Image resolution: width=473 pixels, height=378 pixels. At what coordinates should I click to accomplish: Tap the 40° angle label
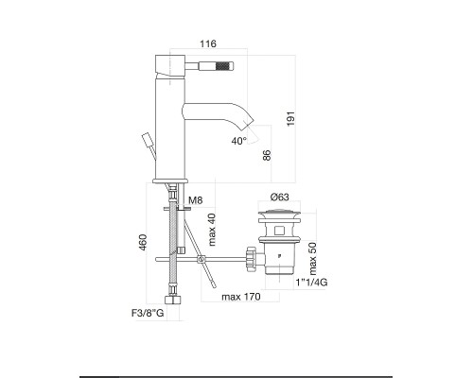click(238, 140)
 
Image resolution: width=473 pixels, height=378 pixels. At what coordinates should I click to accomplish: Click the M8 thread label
click(196, 201)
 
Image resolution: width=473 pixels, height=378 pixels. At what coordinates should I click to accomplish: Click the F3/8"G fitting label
click(148, 312)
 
